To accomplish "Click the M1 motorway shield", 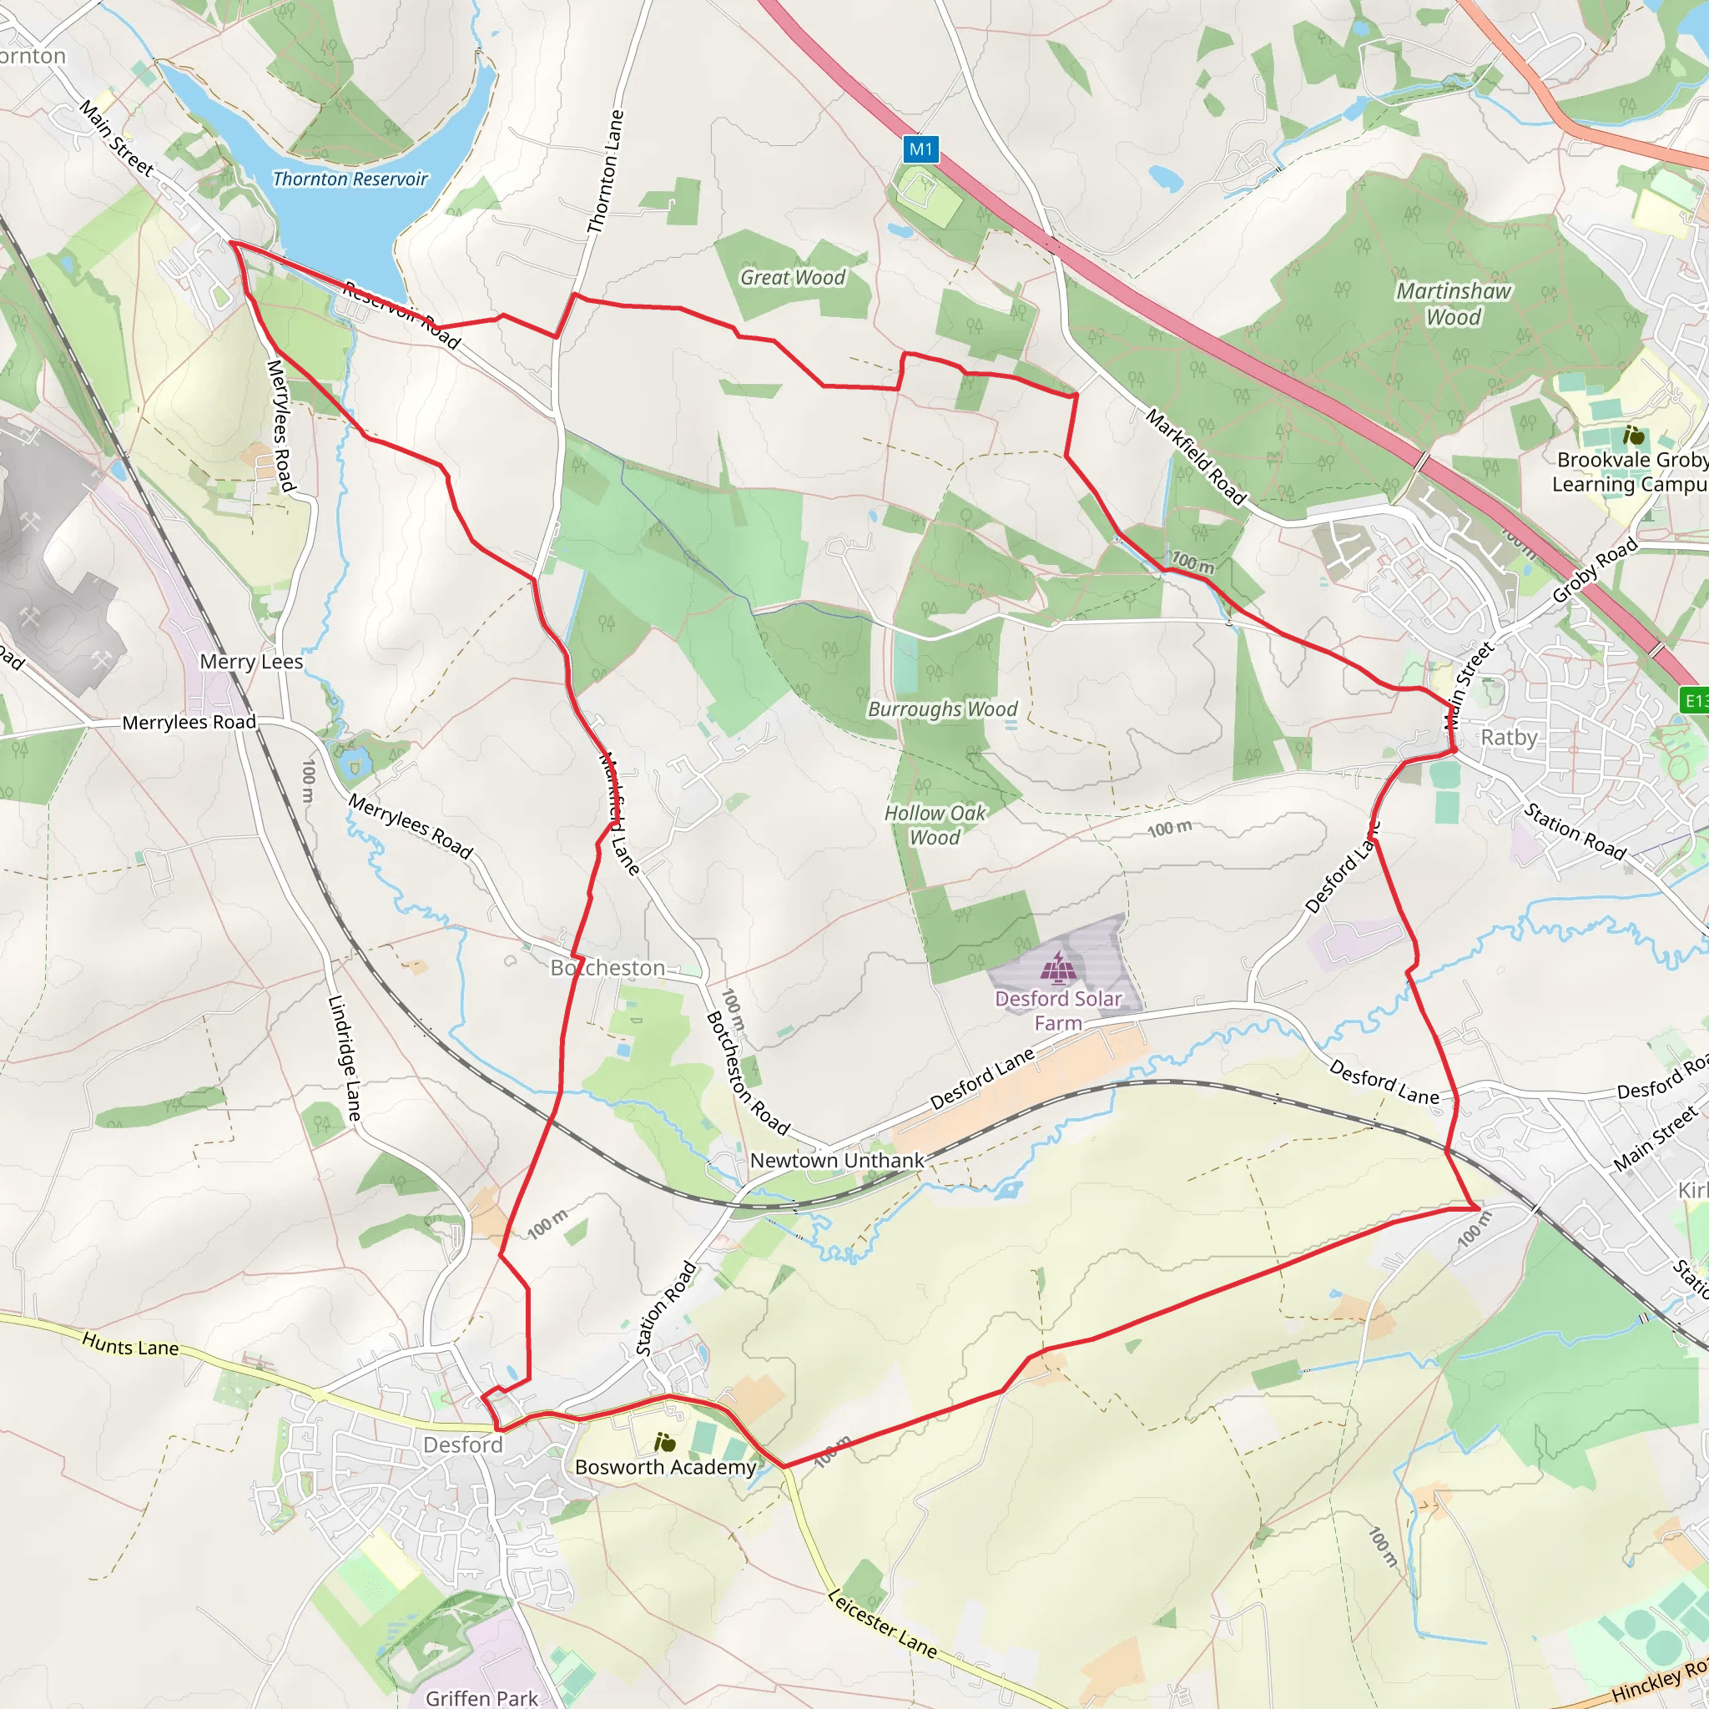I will (921, 149).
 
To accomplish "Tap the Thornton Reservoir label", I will (350, 179).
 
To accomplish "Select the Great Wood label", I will (793, 278).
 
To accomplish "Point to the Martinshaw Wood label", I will (1454, 304).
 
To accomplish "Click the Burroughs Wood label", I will (942, 709).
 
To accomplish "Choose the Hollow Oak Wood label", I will (935, 824).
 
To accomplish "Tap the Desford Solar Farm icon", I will (1057, 967).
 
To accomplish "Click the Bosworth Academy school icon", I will (664, 1443).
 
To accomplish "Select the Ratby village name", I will (1509, 737).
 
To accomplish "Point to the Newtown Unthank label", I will (836, 1160).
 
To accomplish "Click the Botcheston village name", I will (607, 968).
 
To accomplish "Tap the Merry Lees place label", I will (251, 662).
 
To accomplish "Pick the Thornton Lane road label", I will (606, 172).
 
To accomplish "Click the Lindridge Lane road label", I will (344, 1058).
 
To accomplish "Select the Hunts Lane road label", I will (130, 1345).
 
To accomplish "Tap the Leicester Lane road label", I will (882, 1622).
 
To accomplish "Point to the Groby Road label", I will (1595, 571).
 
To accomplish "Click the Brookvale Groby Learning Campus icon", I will (1633, 436).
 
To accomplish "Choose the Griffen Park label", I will (481, 1697).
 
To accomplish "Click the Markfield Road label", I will (1196, 456).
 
